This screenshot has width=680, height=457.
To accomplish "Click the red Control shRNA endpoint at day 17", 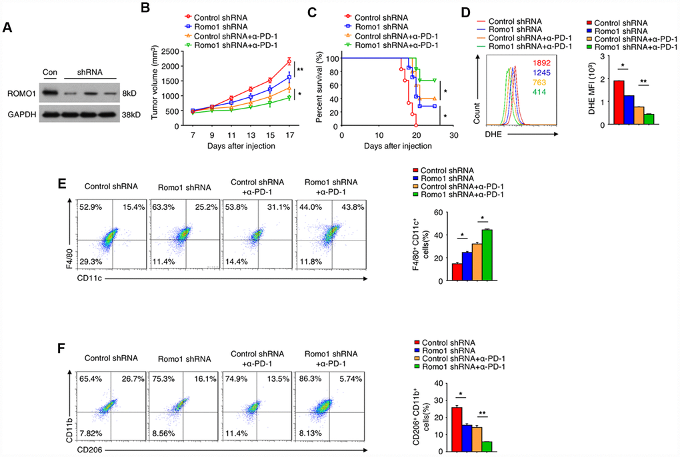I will click(289, 62).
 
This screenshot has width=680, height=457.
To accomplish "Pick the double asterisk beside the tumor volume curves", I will click(301, 69).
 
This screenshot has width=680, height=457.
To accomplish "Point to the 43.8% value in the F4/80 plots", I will click(345, 192).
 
